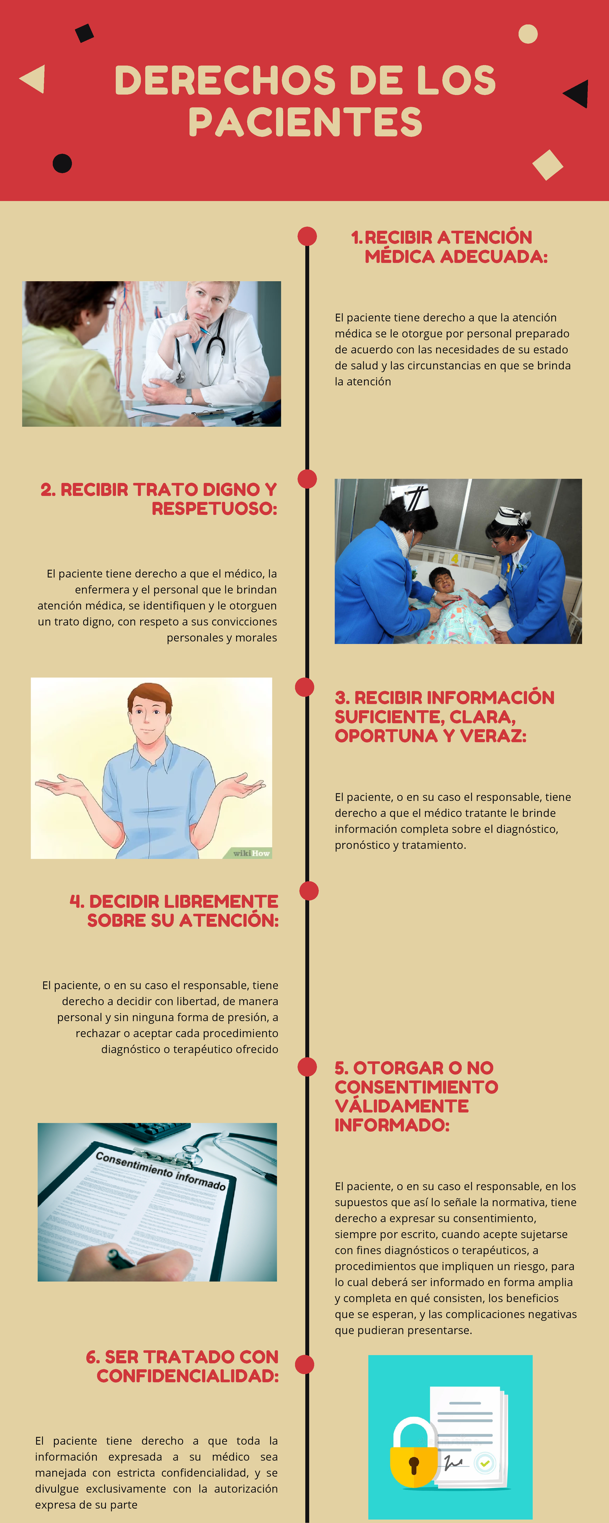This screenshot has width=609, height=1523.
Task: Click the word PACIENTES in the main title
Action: tap(305, 122)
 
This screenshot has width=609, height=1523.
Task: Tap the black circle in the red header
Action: tap(62, 163)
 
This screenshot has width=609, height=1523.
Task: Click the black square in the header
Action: tap(85, 33)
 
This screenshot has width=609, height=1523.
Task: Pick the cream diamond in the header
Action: tap(548, 164)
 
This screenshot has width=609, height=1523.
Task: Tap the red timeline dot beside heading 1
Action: tap(307, 236)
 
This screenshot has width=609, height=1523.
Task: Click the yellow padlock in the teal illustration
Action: tap(414, 1454)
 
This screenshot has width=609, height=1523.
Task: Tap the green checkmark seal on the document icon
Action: tap(485, 1463)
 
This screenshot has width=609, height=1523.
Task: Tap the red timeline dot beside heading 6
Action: tap(304, 1365)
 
